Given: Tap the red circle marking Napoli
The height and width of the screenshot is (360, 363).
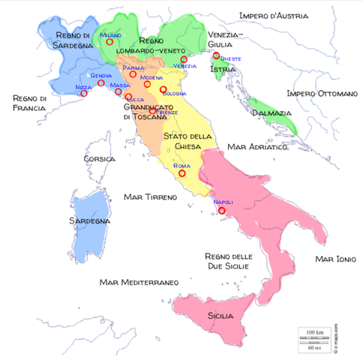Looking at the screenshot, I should pos(222,211).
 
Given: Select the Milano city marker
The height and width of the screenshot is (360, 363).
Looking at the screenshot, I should pos(109,42).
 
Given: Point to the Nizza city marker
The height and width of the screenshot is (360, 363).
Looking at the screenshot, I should pos(84,94).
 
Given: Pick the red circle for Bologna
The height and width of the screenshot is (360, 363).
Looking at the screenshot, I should pos(163,89).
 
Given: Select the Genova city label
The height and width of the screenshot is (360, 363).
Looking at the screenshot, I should pos(101,75).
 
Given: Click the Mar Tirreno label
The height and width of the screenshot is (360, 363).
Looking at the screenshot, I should pos(148,196).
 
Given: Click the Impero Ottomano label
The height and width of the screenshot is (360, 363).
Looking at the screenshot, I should pos(322,94).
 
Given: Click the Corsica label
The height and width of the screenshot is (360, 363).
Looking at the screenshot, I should pos(98,159).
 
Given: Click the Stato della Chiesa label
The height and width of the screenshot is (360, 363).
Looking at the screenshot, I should pos(190,141).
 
